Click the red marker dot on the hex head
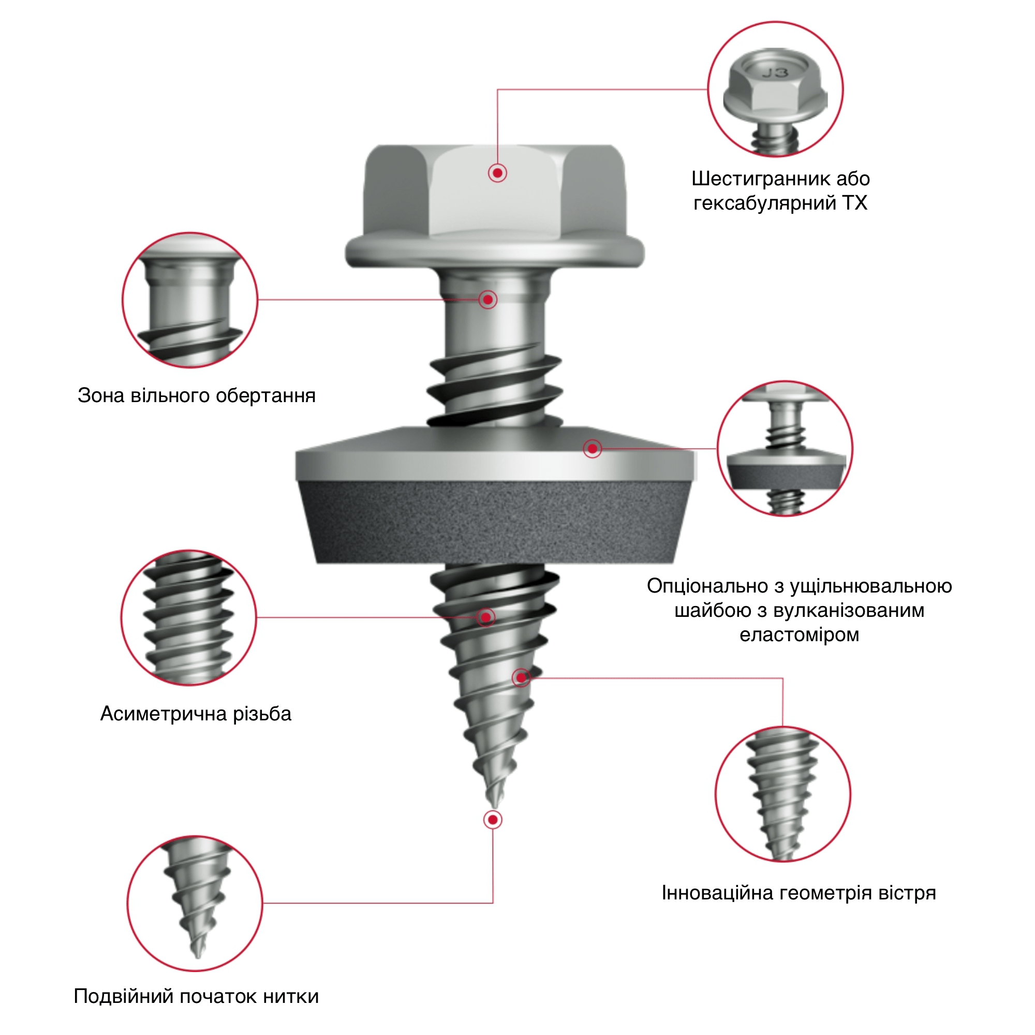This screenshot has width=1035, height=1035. (x=498, y=173)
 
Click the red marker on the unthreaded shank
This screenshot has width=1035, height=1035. (x=487, y=300)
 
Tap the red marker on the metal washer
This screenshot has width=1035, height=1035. (x=592, y=448)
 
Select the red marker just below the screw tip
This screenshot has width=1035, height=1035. (x=492, y=820)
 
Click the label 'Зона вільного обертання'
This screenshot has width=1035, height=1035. (x=197, y=395)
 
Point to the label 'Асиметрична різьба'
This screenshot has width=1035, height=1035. (x=196, y=714)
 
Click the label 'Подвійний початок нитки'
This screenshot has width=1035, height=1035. (x=196, y=996)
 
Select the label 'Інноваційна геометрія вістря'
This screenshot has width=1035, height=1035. (x=799, y=893)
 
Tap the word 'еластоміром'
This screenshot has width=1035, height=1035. (x=800, y=635)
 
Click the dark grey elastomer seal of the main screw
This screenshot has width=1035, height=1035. (x=494, y=522)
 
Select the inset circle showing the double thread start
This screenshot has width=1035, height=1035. (x=195, y=903)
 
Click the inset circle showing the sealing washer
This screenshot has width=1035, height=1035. (x=785, y=448)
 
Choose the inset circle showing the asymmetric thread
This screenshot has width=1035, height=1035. (x=188, y=617)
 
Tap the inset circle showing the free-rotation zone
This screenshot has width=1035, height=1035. (x=190, y=300)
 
